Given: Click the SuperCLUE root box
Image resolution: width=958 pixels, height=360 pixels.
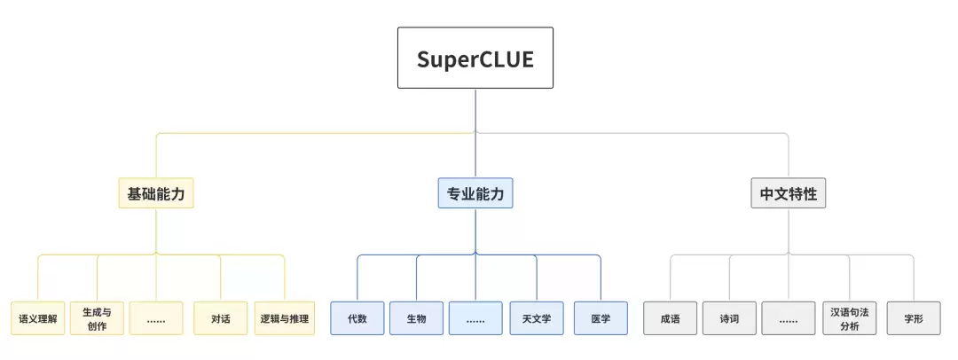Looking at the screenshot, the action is click(x=475, y=58).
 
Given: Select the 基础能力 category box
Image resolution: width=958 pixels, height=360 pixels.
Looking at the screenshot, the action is click(x=156, y=193).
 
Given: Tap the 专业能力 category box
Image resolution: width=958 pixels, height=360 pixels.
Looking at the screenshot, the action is click(x=475, y=193).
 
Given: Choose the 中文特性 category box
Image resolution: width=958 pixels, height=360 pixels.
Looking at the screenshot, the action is click(x=789, y=193).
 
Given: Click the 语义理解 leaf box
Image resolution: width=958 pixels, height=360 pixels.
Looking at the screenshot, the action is click(x=38, y=317).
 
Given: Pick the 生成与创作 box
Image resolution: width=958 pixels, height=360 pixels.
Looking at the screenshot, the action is click(x=98, y=317).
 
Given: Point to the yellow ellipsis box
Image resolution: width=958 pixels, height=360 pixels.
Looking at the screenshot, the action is click(x=156, y=317).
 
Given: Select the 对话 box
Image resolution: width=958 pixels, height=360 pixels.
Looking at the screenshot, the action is click(x=221, y=317).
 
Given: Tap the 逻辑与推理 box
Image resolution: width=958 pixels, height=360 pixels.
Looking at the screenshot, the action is click(x=285, y=317).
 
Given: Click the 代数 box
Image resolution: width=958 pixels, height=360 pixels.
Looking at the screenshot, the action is click(x=357, y=317).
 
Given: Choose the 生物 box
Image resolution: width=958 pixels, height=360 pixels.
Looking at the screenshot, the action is click(x=417, y=317).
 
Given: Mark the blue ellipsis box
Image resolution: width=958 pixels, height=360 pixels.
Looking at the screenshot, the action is click(x=475, y=317).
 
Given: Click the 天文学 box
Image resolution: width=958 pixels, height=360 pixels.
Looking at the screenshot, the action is click(x=537, y=317).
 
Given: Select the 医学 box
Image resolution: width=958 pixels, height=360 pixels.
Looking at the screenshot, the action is click(x=601, y=317).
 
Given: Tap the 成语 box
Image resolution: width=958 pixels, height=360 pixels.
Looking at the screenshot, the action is click(x=671, y=317).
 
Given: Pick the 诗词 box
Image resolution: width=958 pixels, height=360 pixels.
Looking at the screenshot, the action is click(x=729, y=317).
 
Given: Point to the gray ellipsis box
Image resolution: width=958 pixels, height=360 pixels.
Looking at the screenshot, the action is click(x=789, y=317).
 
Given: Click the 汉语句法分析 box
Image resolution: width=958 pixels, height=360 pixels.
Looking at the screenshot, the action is click(x=849, y=317).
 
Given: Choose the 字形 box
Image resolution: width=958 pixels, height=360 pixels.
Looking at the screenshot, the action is click(x=914, y=317).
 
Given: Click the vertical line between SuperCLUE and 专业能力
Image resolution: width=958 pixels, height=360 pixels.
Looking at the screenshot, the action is click(x=475, y=133).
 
